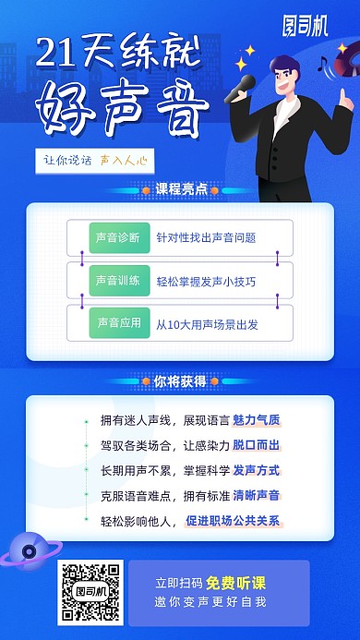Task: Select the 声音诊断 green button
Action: (x=117, y=237)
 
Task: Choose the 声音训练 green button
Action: (x=117, y=280)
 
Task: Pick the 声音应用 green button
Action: (x=117, y=323)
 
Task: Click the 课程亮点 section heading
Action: (x=180, y=188)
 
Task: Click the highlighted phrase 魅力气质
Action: (x=256, y=420)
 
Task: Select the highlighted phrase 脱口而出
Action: (x=256, y=445)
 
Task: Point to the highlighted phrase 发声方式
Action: (x=256, y=470)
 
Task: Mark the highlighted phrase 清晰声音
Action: (x=256, y=495)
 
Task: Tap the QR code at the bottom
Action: (x=90, y=591)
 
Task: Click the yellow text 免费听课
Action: (x=235, y=583)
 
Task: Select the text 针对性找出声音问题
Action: (x=205, y=237)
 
